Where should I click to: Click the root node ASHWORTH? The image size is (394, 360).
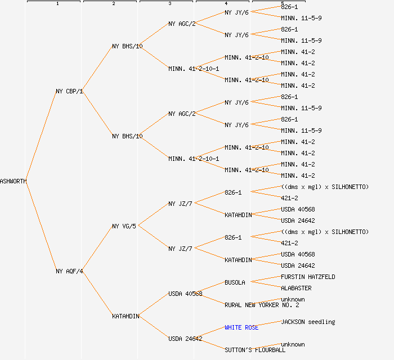pos(13,181)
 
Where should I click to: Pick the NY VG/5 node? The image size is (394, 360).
pos(124,226)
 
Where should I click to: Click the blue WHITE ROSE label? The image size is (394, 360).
pos(241,327)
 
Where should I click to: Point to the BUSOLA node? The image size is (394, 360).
pos(235,282)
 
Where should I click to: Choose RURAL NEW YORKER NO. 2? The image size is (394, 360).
pos(262,305)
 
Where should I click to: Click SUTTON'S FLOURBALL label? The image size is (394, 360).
pos(255,350)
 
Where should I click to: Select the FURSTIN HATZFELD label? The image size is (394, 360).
pos(308,277)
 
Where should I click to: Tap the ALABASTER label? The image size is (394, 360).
pos(296,288)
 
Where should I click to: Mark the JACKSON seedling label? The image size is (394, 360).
pos(308,322)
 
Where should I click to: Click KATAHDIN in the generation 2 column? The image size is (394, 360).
pos(126,316)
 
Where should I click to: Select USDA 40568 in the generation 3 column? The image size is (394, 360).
pos(185,294)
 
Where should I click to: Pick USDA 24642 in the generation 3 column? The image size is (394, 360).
pos(185,339)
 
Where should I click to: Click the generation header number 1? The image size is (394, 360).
pos(57,4)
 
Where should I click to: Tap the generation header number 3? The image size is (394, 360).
pos(169,4)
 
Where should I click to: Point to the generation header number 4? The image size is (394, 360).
pos(226,4)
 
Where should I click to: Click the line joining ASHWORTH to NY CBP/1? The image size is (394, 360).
pos(41,136)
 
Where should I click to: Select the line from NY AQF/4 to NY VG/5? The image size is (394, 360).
pos(97,249)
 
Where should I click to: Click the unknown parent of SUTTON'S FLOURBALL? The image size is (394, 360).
pos(293,344)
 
